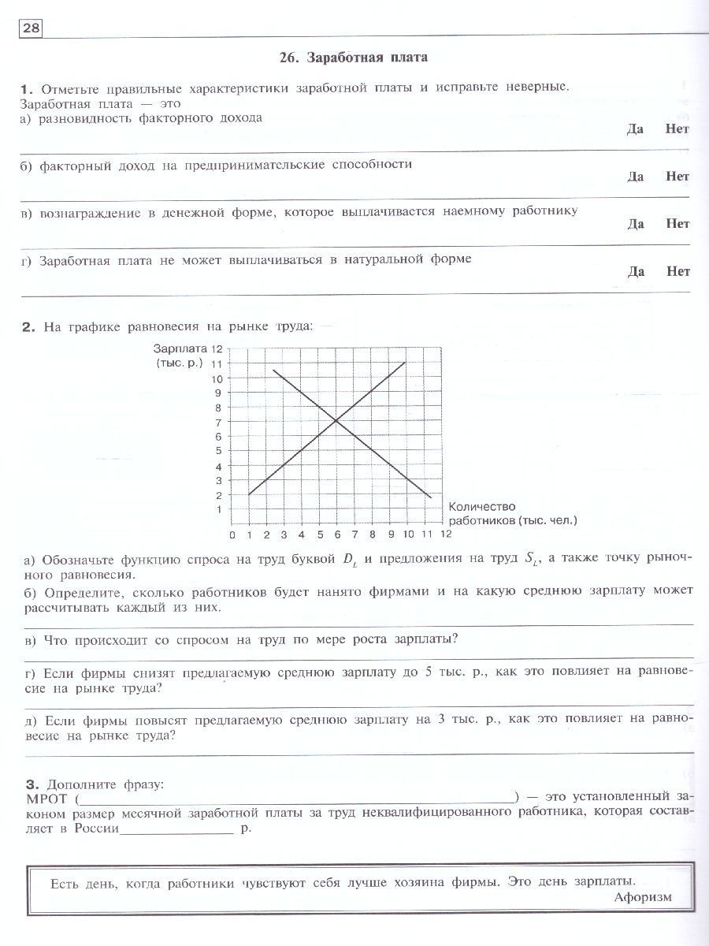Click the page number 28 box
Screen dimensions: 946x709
click(30, 29)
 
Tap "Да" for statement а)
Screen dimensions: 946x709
click(636, 128)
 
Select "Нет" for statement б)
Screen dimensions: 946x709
click(677, 177)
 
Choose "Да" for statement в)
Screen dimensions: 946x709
click(636, 224)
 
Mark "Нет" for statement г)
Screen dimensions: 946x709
click(677, 271)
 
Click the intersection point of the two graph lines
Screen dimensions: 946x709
click(336, 421)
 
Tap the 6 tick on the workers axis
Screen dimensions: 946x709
click(337, 535)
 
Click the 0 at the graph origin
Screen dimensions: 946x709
click(232, 535)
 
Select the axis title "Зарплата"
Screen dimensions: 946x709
click(180, 348)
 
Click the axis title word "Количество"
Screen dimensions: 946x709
click(481, 506)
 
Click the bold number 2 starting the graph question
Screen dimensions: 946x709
click(30, 326)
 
